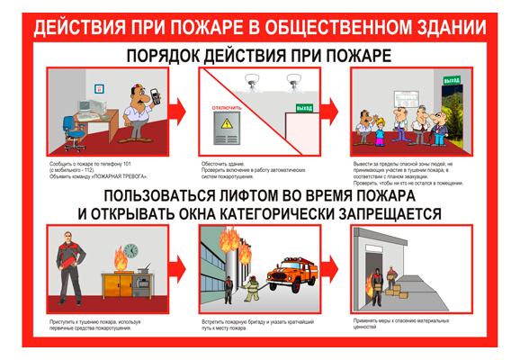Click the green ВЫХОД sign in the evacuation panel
pos(451,81)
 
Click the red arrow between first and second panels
pos(177,112)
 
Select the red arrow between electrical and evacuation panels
pos(328,112)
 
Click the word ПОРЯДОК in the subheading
pos(165,56)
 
